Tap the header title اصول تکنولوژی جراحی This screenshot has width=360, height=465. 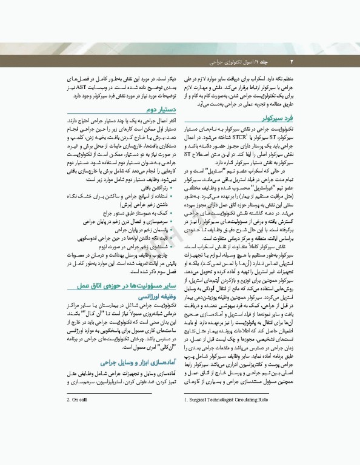click(232, 62)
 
